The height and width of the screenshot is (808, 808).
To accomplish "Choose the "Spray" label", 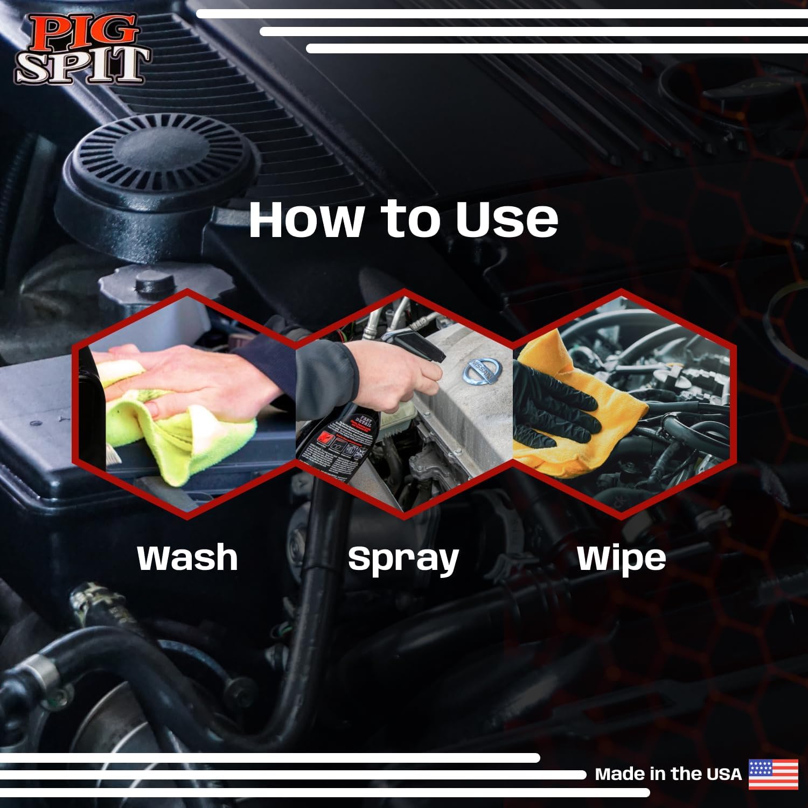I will pos(403,559).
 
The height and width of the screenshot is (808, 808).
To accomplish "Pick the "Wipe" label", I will pos(621,558).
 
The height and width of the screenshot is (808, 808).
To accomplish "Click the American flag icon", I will pos(773,774).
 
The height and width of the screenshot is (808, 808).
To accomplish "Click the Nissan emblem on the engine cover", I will pos(482,371).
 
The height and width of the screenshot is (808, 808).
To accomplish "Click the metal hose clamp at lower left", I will pos(40,673).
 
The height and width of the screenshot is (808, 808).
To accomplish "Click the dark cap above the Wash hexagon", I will pos(154,283).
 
